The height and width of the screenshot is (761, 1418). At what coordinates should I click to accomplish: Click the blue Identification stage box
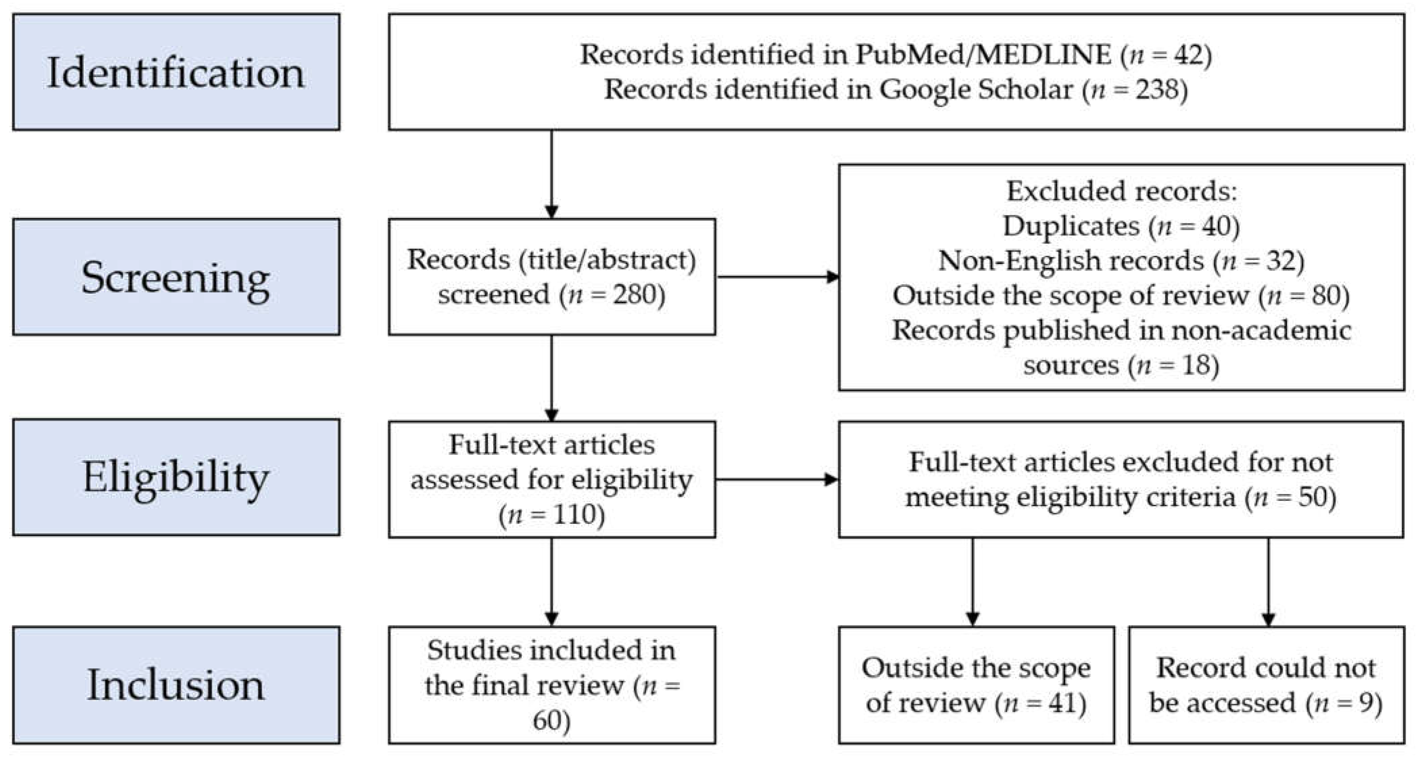coord(176,72)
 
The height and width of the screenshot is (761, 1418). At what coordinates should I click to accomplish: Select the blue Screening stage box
coord(176,277)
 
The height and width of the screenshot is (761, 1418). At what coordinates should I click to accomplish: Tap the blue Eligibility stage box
coord(176,477)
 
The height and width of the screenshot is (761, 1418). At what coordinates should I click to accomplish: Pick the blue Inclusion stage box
coord(176,685)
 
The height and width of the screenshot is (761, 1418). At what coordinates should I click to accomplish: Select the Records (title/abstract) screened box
coord(551,277)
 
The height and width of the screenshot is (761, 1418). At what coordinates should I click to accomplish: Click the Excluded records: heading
coord(1121,192)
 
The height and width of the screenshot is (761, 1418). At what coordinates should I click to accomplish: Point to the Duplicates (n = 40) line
coord(1121,226)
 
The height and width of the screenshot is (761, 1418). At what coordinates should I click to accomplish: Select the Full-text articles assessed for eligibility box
coord(551,479)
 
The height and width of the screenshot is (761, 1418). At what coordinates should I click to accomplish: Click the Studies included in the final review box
coord(551,685)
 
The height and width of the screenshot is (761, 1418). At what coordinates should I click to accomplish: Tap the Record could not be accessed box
coord(1266,685)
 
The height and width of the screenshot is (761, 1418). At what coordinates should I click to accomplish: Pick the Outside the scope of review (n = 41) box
coord(976,685)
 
